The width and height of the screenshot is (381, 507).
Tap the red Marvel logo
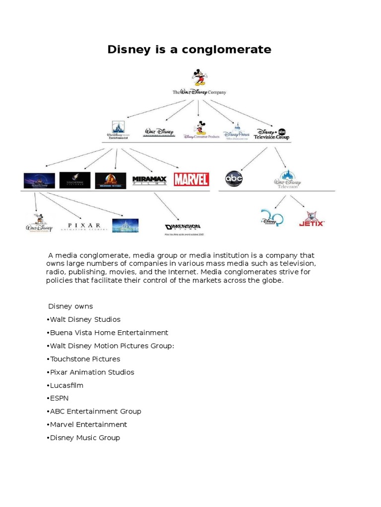[x=191, y=179]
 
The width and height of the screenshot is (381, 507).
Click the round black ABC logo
[x=234, y=179]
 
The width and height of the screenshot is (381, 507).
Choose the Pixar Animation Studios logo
[x=84, y=226]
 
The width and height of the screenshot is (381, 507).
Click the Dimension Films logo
[x=183, y=228]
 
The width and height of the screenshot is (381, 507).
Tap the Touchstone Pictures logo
[x=75, y=180]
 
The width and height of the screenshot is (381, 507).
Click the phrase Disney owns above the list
[x=70, y=306]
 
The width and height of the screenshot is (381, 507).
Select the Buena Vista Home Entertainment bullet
[x=107, y=333]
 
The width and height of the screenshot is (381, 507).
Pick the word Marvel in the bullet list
[x=61, y=424]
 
